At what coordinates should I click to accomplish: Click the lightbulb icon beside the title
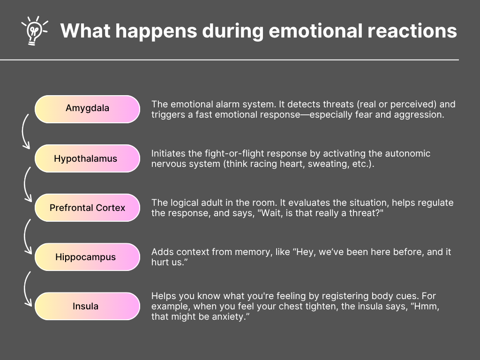(x=34, y=30)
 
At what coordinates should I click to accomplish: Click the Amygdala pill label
(x=87, y=109)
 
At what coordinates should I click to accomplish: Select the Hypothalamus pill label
(x=87, y=158)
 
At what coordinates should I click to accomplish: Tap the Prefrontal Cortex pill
(x=87, y=208)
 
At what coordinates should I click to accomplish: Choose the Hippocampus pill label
(x=87, y=257)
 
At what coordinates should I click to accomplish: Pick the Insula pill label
(x=87, y=307)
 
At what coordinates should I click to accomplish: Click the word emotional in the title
(x=315, y=30)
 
